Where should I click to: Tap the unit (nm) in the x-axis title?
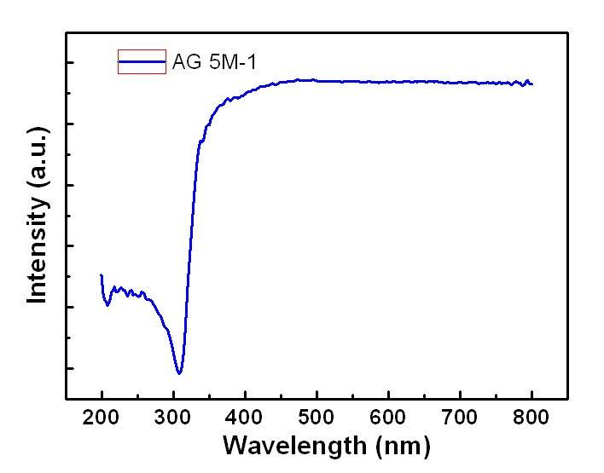click(398, 445)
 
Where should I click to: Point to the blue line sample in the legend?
click(142, 61)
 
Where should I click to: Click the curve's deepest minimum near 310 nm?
click(179, 372)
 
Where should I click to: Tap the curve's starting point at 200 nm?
click(102, 275)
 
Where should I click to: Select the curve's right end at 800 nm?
click(531, 84)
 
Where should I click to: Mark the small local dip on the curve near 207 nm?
click(107, 304)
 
